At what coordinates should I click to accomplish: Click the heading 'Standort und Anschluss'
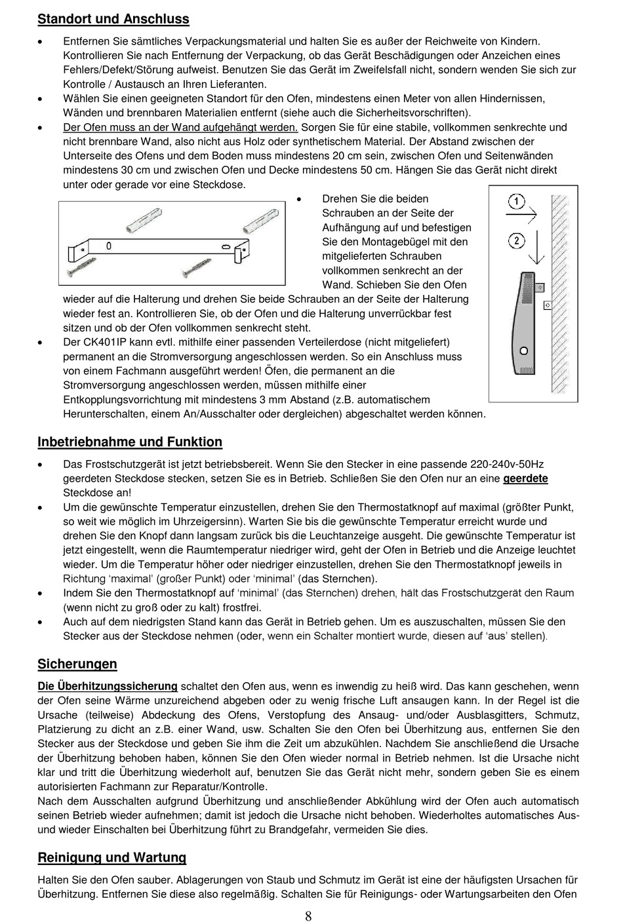pos(113,19)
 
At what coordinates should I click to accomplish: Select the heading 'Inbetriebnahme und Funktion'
pos(130,442)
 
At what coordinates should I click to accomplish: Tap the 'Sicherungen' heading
pos(77,664)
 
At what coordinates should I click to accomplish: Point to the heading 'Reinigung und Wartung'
pos(112,857)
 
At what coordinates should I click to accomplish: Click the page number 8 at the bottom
pos(308,916)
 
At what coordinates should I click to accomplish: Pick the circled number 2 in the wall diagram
pos(517,240)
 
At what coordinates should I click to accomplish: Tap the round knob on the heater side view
pos(523,349)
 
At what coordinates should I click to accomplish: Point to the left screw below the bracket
pos(81,267)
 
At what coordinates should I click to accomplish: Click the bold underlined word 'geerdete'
pos(525,478)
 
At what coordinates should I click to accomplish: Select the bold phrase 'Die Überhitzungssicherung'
pos(108,686)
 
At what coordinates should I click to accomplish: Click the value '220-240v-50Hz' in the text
pos(505,464)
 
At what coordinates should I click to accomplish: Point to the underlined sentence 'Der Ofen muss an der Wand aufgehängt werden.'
pos(180,127)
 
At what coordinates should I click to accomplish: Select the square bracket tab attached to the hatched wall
pos(548,305)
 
